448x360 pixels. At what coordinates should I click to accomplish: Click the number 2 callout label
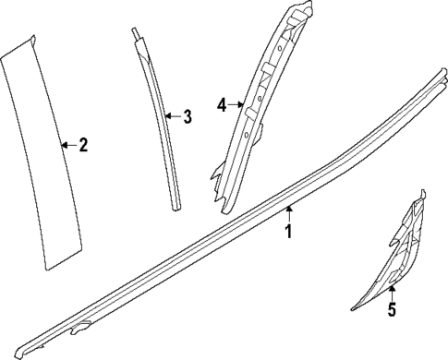coord(82,145)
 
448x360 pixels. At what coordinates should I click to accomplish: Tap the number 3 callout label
coord(188,117)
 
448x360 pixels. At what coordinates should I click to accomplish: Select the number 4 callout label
coord(223,104)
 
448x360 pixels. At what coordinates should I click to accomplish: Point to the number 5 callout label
coord(391,309)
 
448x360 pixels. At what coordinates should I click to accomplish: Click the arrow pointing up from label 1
coord(288,215)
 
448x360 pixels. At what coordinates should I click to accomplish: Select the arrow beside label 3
coord(173,117)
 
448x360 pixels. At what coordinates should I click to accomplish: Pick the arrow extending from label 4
coord(237,104)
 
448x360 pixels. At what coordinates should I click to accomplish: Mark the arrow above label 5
coord(391,293)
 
